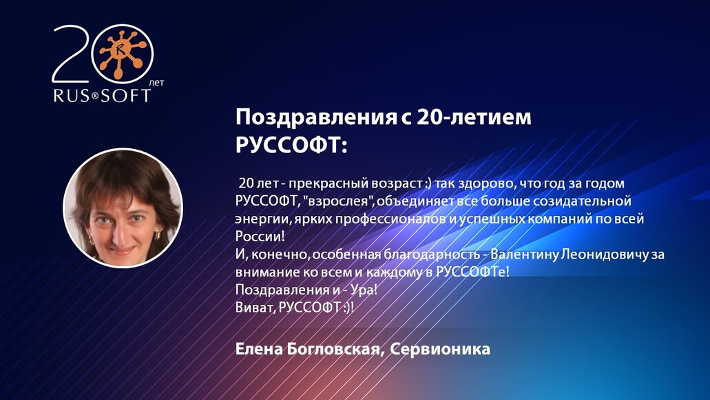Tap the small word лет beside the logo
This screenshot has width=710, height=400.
pyautogui.click(x=157, y=82)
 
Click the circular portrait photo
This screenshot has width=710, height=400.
pyautogui.click(x=123, y=208)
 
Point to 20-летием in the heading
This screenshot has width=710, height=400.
pyautogui.click(x=474, y=117)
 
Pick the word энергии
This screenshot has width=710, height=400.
pyautogui.click(x=260, y=219)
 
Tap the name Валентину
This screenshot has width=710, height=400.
pyautogui.click(x=525, y=254)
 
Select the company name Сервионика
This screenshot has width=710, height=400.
pyautogui.click(x=440, y=349)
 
